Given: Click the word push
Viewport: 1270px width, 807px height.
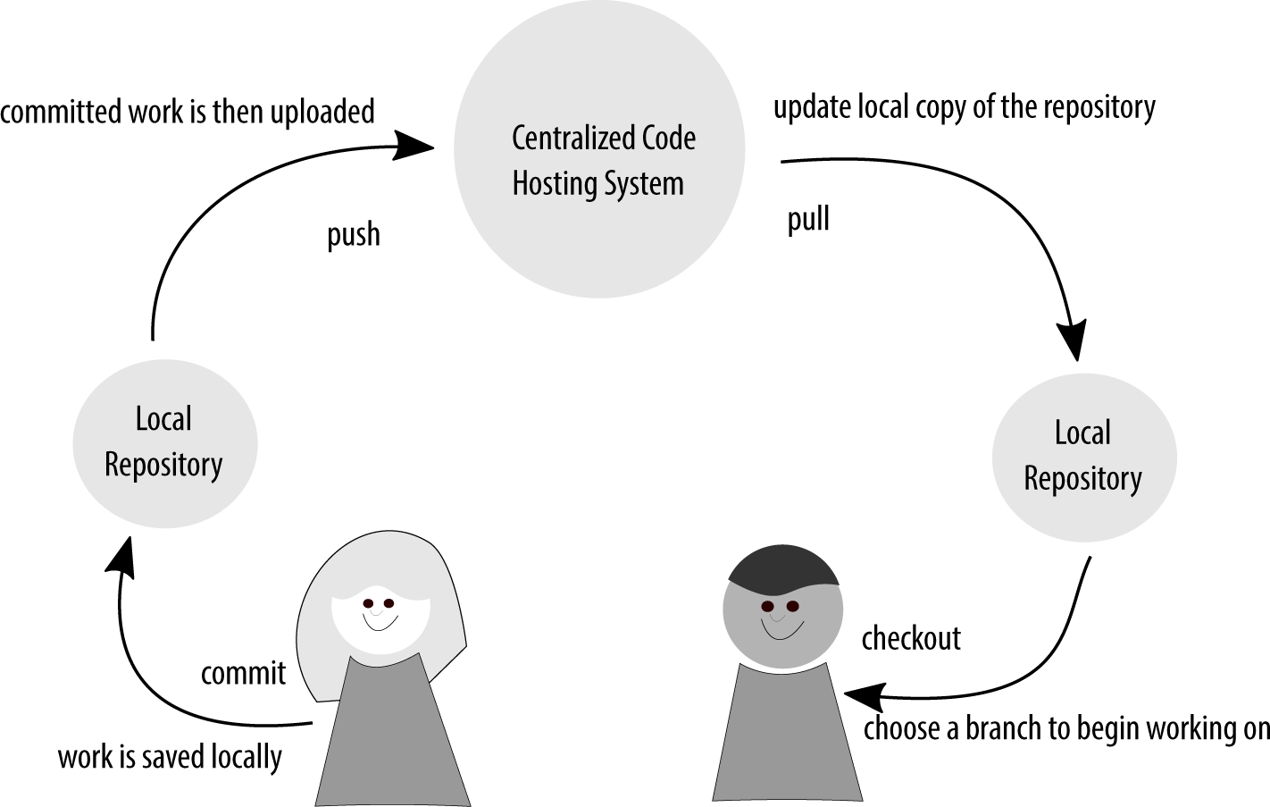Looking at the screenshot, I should (x=353, y=234).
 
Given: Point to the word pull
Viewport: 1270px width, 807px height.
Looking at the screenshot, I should (x=808, y=219).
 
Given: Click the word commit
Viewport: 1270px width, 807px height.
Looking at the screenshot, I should (x=243, y=673).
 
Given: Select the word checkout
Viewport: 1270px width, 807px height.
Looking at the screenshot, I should (x=911, y=638).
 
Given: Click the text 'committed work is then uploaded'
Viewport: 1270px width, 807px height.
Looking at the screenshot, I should (x=188, y=112).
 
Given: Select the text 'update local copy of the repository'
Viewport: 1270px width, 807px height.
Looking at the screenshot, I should (x=964, y=106).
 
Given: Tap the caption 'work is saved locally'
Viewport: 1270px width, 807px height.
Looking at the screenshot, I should (x=170, y=757).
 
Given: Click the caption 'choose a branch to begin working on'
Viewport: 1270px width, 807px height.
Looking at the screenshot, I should (x=1065, y=728).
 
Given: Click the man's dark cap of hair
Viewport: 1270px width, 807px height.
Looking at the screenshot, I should (x=782, y=568).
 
